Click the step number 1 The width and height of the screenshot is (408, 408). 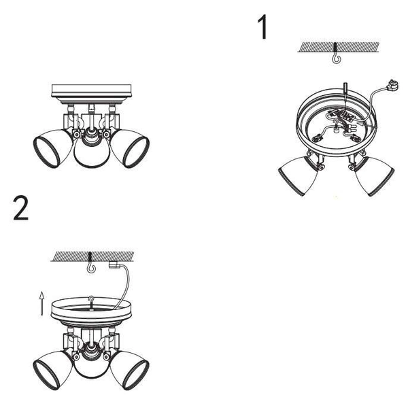(263, 27)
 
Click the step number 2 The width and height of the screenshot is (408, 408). (21, 208)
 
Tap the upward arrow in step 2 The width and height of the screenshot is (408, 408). (41, 303)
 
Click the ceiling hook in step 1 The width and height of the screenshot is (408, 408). (336, 58)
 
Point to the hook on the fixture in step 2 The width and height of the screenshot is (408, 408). (91, 301)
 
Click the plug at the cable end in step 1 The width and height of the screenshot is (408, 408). (392, 86)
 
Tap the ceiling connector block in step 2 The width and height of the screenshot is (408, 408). (114, 265)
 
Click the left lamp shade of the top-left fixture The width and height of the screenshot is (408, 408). (53, 148)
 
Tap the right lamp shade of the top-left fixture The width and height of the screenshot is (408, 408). (130, 148)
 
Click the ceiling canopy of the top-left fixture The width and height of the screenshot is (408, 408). (91, 94)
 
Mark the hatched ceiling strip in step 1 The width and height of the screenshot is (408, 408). (338, 47)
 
